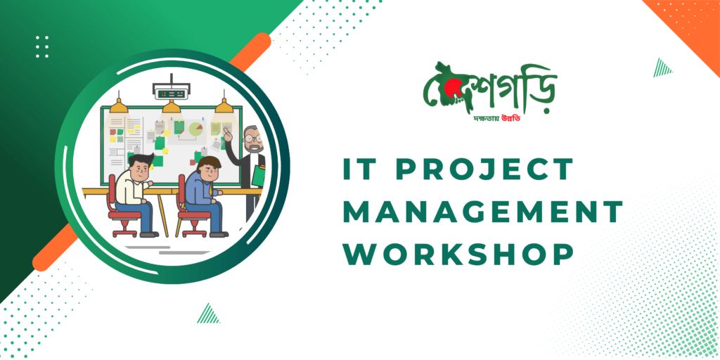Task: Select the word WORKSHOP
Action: pyautogui.click(x=458, y=253)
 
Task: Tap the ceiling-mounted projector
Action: pyautogui.click(x=171, y=92)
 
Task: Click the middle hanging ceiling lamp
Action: pyautogui.click(x=172, y=108)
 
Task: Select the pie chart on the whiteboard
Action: pyautogui.click(x=196, y=129)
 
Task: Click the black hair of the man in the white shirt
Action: pyautogui.click(x=140, y=161)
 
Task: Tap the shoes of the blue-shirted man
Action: pyautogui.click(x=219, y=235)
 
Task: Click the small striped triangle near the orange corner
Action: pyautogui.click(x=662, y=68)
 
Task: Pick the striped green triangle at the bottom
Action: pyautogui.click(x=208, y=314)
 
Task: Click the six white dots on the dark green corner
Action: pyautogui.click(x=42, y=47)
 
